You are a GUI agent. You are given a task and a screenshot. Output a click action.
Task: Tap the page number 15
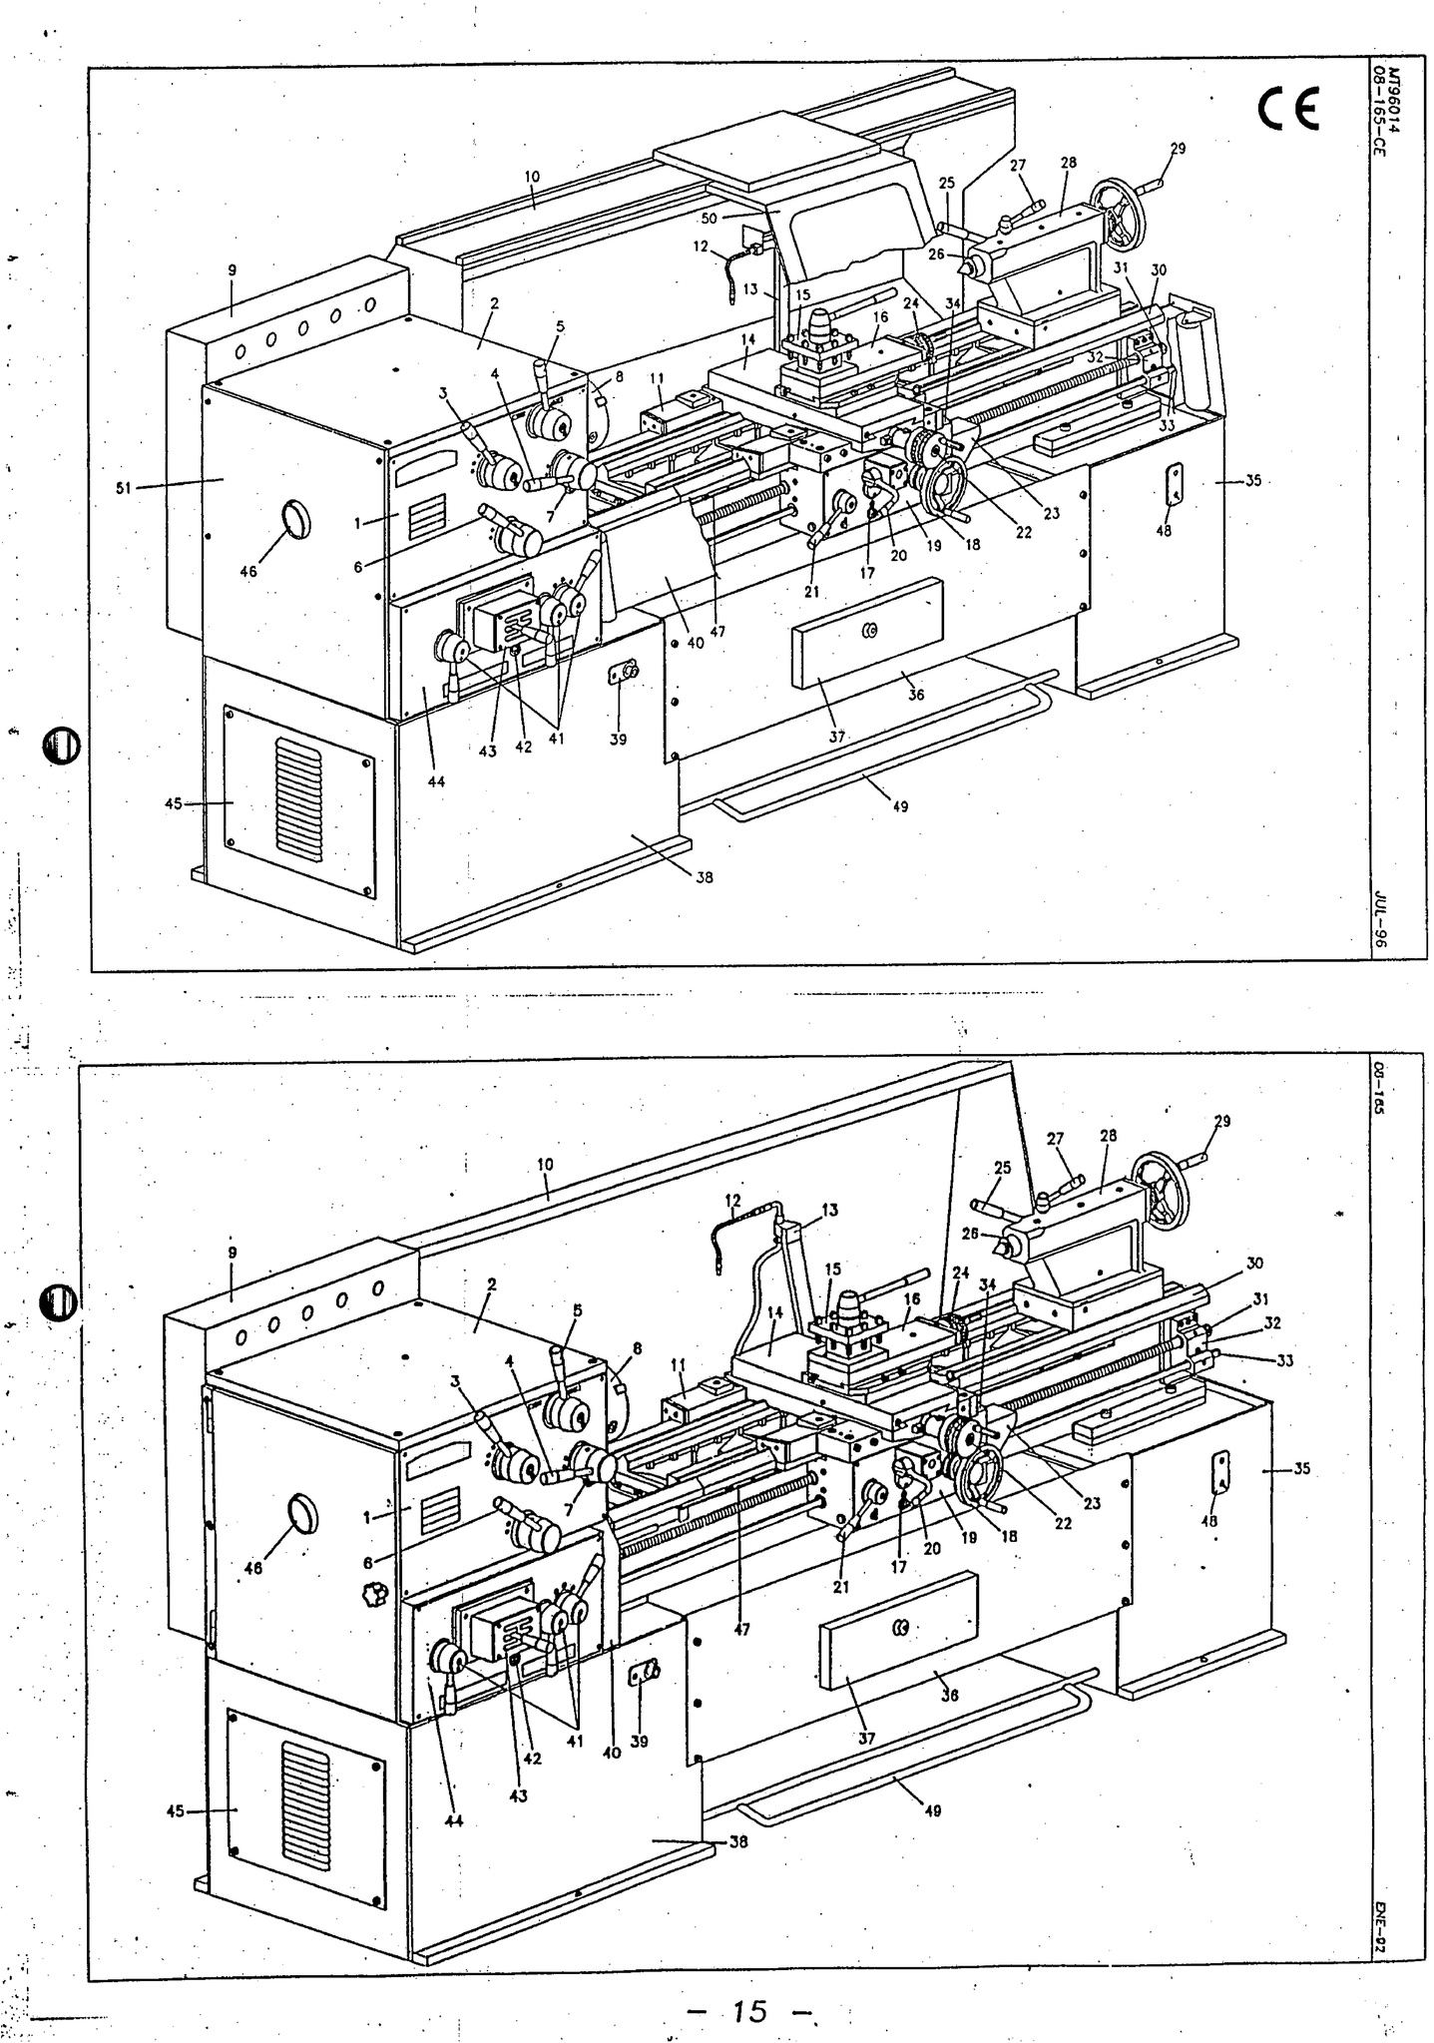click(x=748, y=2008)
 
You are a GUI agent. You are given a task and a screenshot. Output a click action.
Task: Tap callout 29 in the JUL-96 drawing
click(x=1178, y=149)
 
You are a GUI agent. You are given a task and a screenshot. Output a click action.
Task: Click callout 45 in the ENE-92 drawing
click(x=176, y=1811)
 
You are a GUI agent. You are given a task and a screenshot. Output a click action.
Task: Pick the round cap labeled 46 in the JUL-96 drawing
click(x=296, y=520)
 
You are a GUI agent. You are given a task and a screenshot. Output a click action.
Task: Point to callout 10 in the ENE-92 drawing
click(x=545, y=1164)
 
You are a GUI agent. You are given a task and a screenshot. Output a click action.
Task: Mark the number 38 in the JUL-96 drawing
click(x=705, y=878)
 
